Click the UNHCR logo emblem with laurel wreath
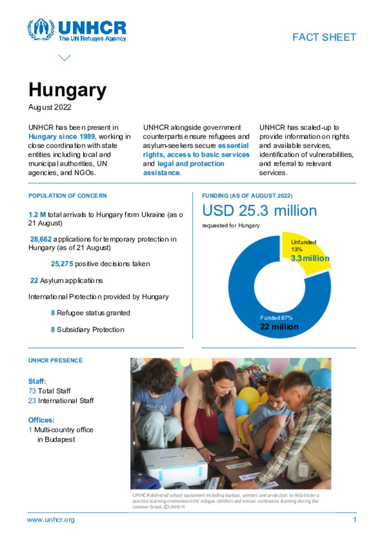tap(41, 29)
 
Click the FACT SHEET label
tap(324, 37)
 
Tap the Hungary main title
tap(67, 90)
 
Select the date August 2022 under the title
tap(50, 107)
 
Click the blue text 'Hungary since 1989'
tap(61, 137)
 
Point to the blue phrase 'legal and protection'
tap(190, 164)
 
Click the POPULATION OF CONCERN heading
tap(67, 196)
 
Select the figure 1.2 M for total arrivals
tap(37, 215)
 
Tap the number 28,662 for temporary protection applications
tap(40, 239)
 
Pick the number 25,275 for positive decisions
tap(62, 264)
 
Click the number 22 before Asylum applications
tap(34, 280)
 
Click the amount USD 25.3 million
tap(259, 211)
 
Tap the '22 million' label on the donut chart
tap(279, 327)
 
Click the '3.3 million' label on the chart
tap(310, 258)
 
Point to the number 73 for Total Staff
tap(32, 391)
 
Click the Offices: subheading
tap(41, 420)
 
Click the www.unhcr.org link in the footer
tap(51, 520)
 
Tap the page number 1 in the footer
tap(354, 520)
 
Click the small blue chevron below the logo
tap(64, 58)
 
